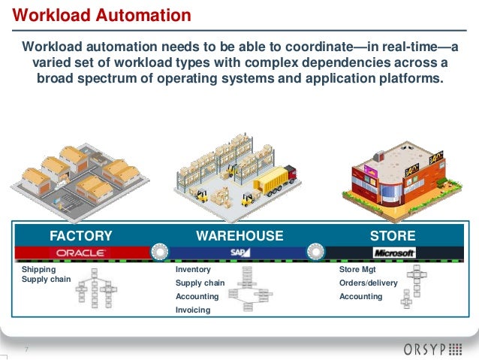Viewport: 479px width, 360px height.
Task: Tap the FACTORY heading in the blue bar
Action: click(80, 235)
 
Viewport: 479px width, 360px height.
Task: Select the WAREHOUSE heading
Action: click(239, 235)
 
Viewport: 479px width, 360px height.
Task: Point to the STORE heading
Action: click(392, 235)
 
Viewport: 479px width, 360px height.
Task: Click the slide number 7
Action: click(27, 349)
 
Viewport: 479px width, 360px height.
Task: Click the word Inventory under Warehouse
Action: click(193, 269)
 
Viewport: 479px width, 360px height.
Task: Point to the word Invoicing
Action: click(192, 310)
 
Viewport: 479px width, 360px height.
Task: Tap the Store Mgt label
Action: click(357, 269)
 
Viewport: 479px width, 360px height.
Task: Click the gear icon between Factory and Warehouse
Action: click(159, 251)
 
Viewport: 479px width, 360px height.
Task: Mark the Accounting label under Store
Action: click(361, 296)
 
